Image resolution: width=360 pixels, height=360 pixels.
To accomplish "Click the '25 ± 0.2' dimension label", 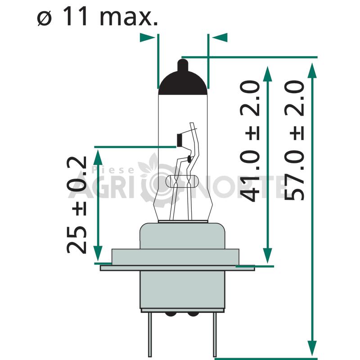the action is [76, 205].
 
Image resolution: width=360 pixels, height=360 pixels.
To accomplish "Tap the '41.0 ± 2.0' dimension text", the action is [250, 141].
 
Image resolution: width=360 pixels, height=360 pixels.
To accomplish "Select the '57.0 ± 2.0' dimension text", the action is [294, 140].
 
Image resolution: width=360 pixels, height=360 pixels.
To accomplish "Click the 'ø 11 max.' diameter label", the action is [97, 16].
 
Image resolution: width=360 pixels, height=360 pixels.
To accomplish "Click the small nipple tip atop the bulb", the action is [183, 65].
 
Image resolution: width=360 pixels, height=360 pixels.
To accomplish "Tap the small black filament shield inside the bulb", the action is [179, 140].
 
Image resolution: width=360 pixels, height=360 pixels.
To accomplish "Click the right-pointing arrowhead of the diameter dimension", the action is [147, 37].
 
